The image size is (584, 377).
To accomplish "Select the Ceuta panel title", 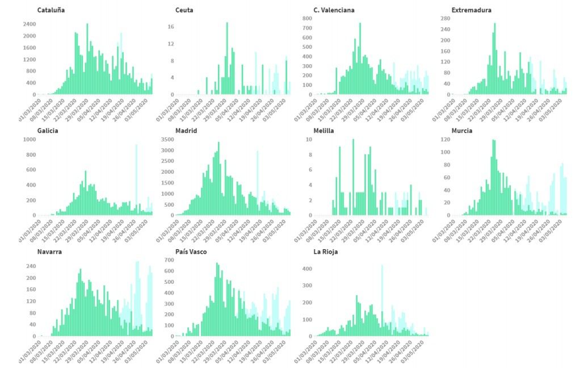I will point(184,10).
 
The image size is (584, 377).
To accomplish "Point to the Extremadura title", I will point(471,10).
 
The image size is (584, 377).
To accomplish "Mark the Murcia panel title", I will point(462,131).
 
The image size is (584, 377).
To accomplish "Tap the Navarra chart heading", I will point(50,252).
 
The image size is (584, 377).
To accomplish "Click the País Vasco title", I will point(191,252).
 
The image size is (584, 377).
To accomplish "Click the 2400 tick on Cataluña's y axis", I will point(30,24).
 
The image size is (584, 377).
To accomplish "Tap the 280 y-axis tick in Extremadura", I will point(444,19).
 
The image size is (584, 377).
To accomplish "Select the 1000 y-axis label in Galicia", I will point(30,139).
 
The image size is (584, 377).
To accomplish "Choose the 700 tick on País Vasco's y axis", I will point(168,260).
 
